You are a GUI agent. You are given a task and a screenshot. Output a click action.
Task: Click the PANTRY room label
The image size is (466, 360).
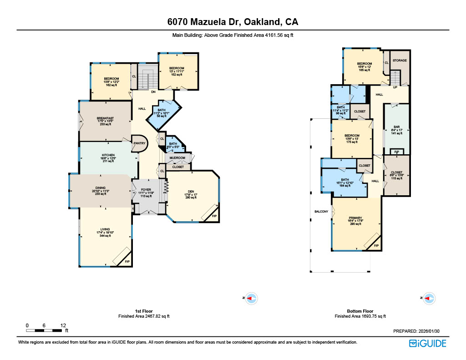coord(139,143)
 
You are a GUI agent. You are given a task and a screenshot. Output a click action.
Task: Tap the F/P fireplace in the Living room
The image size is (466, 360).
coord(127,261)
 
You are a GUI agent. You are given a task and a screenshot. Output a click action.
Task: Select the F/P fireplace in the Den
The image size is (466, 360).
coord(214,216)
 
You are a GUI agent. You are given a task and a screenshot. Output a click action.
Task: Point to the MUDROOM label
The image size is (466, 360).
coord(177,158)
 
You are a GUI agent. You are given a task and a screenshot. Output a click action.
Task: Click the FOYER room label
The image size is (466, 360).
coord(146,190)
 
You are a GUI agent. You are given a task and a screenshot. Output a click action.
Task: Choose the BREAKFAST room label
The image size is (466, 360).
coord(105,118)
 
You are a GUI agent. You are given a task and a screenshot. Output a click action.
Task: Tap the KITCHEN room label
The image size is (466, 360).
coord(108,155)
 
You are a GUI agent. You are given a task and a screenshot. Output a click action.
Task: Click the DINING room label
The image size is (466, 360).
coord(101,188)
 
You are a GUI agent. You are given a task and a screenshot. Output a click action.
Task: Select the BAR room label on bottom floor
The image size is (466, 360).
coord(396,127)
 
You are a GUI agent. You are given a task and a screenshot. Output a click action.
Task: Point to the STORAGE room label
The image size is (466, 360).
coord(400,61)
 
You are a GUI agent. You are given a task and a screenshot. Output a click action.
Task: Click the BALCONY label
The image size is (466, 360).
coord(321,212)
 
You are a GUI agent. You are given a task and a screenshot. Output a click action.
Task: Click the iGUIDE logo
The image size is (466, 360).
coord(427,344)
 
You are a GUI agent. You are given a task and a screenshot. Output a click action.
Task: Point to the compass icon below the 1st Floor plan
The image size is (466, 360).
coord(252,299)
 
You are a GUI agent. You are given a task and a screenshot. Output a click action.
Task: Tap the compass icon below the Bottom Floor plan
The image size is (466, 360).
coord(430,299)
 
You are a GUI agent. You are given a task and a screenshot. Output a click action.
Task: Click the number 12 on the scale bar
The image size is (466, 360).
coord(63,325)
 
